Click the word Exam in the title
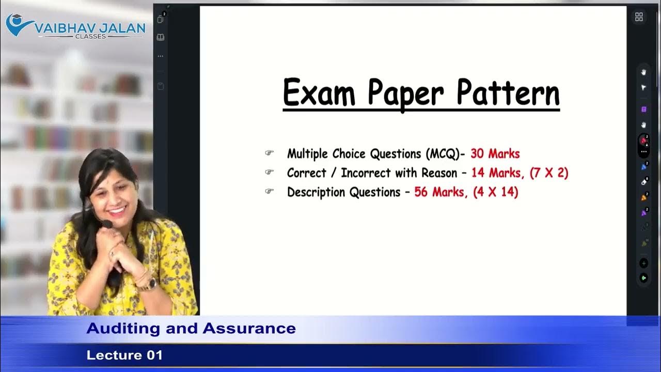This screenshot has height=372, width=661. (319, 93)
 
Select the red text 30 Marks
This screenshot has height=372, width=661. (495, 154)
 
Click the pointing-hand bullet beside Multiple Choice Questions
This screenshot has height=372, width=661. (269, 153)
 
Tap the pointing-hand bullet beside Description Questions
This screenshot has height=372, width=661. (269, 192)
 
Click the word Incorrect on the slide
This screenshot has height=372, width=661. (366, 173)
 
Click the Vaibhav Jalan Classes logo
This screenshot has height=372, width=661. (75, 26)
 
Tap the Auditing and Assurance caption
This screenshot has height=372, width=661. (191, 329)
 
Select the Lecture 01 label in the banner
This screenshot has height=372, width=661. (124, 355)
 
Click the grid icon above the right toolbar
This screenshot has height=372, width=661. (639, 17)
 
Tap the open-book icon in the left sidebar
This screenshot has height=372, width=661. (161, 38)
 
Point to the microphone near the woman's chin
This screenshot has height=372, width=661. (106, 224)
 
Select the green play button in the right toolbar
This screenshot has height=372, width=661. (643, 278)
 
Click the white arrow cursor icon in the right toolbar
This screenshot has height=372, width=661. (643, 88)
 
